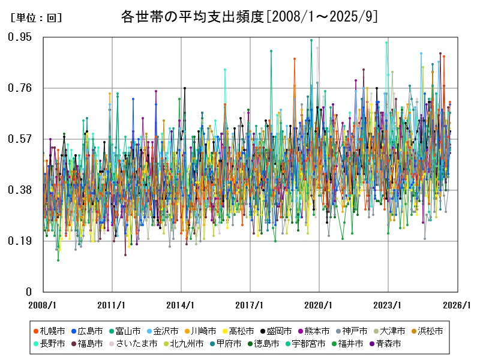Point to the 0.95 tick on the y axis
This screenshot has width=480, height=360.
(x=20, y=37)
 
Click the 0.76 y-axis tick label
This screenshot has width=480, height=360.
(x=20, y=88)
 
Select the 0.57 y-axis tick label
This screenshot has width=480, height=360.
(x=20, y=139)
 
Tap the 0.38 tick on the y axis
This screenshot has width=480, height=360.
(x=20, y=190)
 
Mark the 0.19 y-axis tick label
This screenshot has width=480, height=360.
(x=20, y=241)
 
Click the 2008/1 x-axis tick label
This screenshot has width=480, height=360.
(x=44, y=305)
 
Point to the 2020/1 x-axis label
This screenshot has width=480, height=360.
(x=319, y=305)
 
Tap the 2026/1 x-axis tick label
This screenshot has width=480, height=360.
(x=457, y=305)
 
